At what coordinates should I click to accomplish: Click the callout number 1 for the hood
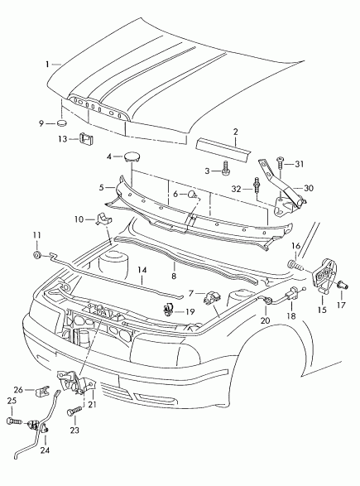coord(47,64)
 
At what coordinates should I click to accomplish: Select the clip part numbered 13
coord(87,138)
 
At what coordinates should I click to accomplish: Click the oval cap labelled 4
coord(132,156)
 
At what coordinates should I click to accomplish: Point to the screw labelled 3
coord(226,169)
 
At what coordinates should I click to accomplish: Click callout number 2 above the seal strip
coord(236,132)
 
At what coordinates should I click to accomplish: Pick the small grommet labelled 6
coord(194,195)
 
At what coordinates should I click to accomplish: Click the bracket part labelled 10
coord(103,219)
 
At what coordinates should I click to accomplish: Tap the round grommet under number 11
coord(38,255)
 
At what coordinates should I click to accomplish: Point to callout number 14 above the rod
coord(142,270)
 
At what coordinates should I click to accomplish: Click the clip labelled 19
coord(169,310)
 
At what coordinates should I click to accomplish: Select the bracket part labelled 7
coord(212,297)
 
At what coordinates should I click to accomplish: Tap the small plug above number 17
coord(343,284)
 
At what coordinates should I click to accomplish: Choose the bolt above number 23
coord(74,411)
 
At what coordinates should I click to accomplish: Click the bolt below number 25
coord(13,421)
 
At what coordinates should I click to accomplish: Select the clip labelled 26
coord(43,392)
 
